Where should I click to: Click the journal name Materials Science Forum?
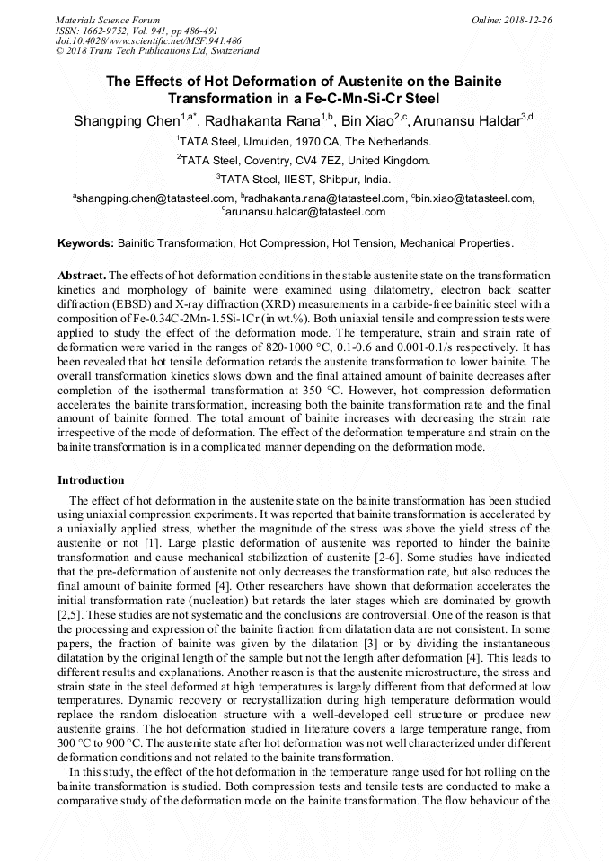(108, 19)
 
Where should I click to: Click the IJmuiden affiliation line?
(304, 142)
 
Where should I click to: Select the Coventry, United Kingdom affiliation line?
(304, 161)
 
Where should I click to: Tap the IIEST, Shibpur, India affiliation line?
(304, 180)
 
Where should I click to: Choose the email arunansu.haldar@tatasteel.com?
(305, 212)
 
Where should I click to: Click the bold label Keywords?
(86, 243)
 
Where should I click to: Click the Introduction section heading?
(91, 480)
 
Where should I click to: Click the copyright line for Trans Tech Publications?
(157, 51)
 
